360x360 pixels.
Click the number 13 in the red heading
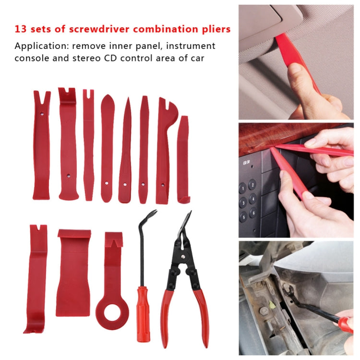[20, 29]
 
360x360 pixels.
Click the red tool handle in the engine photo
[345, 324]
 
